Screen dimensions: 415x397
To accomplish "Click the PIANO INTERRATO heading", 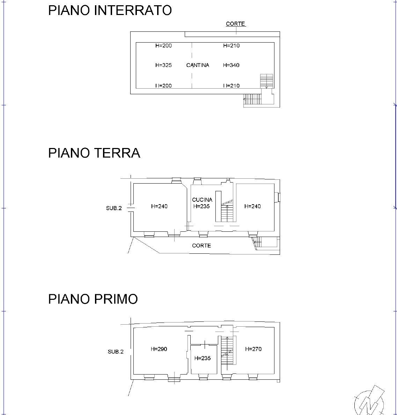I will coord(110,10).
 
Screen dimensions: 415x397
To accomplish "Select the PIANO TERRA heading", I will coord(94,153).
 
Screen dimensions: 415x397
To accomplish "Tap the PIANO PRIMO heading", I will coord(93,299).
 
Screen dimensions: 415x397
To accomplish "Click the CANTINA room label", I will coord(198,65).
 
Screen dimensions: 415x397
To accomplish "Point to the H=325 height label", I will coord(163,65).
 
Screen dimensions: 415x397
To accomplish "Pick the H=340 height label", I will coord(231,65).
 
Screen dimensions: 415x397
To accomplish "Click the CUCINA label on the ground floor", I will coord(202,200).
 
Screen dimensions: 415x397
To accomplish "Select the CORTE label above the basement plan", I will coord(235,24).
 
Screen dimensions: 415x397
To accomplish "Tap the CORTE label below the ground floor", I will coord(201,246).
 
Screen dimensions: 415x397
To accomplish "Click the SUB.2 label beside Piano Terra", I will coord(114,208).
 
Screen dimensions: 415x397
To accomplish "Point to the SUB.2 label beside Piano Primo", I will coord(116,352).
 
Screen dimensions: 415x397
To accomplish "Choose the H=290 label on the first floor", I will coord(159,349).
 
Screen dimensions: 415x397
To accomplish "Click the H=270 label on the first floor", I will coord(253,349).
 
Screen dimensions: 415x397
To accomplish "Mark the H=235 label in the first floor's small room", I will coord(203,358).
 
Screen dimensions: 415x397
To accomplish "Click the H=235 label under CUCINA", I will coord(201,206).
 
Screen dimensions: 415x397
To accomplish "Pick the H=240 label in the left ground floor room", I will coord(159,207).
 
